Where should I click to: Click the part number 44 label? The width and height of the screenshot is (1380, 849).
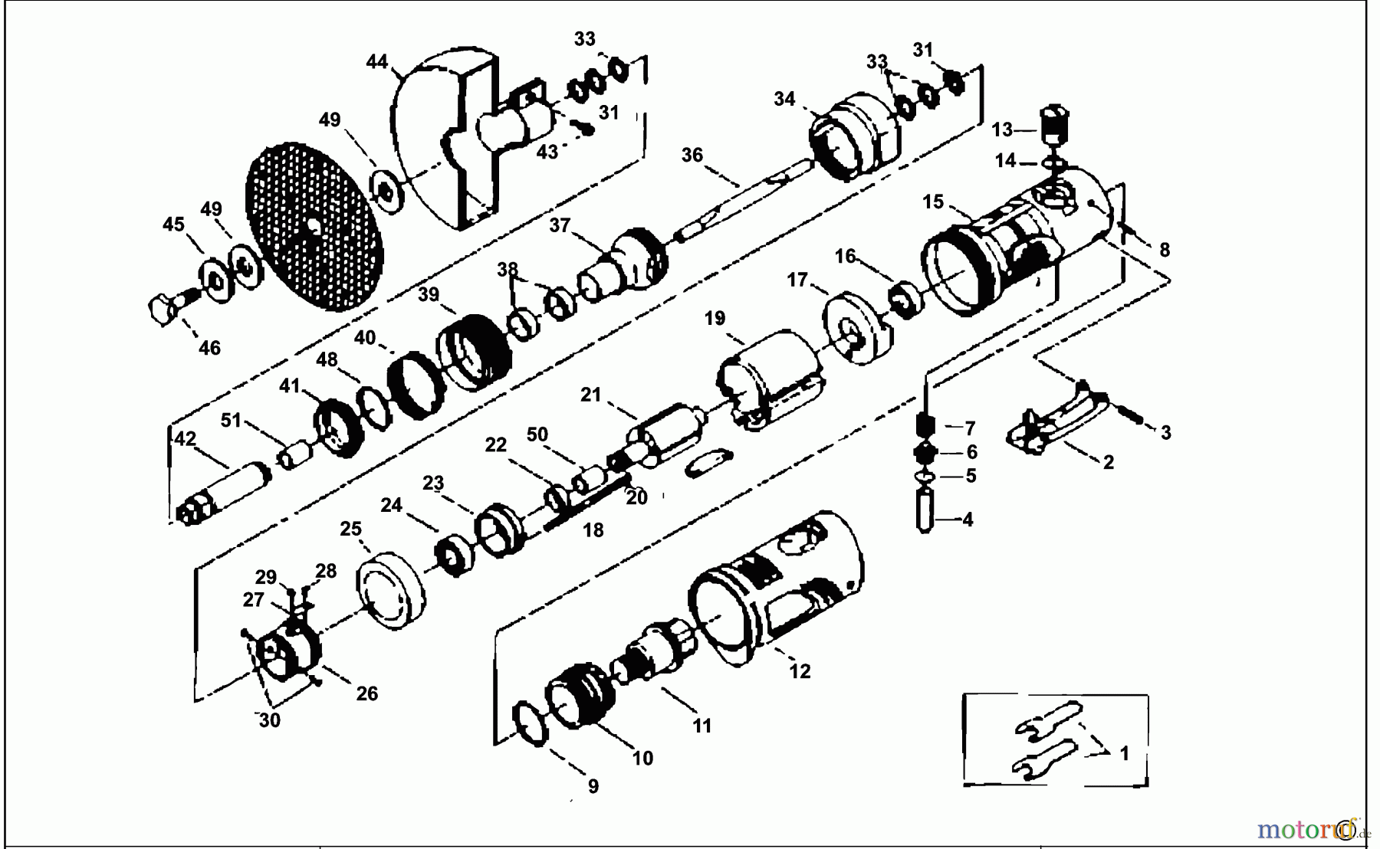pyautogui.click(x=377, y=61)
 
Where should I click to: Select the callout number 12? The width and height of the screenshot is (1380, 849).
pyautogui.click(x=800, y=671)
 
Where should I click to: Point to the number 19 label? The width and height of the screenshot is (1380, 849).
pyautogui.click(x=715, y=317)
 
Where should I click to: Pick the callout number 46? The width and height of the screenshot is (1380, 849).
pyautogui.click(x=209, y=348)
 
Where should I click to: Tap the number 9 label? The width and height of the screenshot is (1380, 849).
pyautogui.click(x=593, y=786)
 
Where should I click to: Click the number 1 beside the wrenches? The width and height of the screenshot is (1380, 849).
pyautogui.click(x=1124, y=753)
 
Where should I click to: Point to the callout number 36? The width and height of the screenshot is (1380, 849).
pyautogui.click(x=692, y=155)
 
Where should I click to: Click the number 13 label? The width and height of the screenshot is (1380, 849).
pyautogui.click(x=1002, y=129)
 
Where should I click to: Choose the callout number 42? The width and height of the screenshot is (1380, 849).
pyautogui.click(x=185, y=439)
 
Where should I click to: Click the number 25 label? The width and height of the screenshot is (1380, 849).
pyautogui.click(x=351, y=529)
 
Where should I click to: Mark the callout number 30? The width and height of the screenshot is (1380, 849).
pyautogui.click(x=269, y=720)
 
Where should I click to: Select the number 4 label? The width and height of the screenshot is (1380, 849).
pyautogui.click(x=968, y=520)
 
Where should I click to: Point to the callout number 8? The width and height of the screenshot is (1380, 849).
pyautogui.click(x=1165, y=250)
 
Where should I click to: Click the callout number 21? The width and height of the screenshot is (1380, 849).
pyautogui.click(x=590, y=395)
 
